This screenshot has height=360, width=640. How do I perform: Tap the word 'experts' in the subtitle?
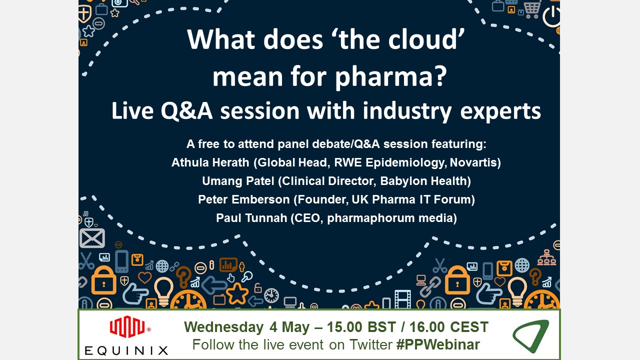point(500,111)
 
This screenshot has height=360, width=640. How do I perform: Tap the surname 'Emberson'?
point(260,199)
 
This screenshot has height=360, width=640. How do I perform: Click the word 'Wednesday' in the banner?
point(223,327)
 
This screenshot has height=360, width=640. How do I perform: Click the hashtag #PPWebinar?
point(438,344)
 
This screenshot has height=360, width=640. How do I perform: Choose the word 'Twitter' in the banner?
point(371,344)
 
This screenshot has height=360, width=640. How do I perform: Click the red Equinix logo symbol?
point(127,326)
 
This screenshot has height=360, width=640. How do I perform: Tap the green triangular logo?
point(531,335)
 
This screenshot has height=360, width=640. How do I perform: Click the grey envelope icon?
point(92,238)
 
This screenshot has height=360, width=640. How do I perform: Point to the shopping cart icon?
point(532,9)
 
